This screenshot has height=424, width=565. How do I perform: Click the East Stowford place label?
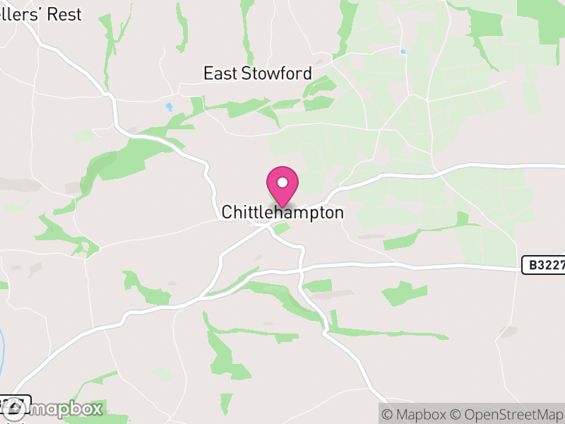point(257,73)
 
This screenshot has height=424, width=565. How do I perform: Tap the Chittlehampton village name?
point(282,212)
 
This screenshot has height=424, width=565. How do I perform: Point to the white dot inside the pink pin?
point(282,182)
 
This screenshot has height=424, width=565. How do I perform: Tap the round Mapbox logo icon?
point(13,408)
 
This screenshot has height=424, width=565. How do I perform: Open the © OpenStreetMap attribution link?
point(507,414)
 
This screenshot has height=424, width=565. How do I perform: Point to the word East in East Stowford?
point(219,73)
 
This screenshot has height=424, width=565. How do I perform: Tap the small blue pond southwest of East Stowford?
point(168,107)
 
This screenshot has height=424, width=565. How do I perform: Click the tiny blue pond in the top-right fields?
point(403,51)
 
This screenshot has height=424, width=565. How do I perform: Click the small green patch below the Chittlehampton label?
point(282,229)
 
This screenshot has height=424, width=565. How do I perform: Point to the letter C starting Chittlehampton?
point(227,212)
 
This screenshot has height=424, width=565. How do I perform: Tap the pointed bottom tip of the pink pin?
point(282,208)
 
